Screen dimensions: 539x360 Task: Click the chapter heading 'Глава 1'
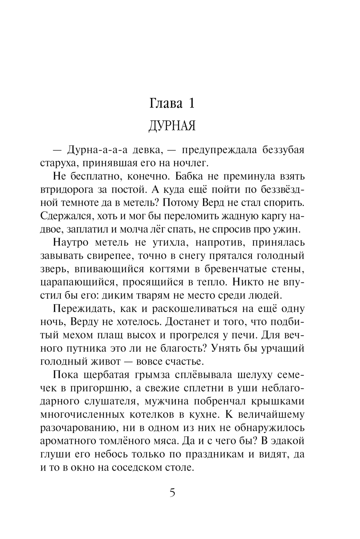coord(172,103)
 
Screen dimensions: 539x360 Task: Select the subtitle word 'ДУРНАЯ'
coord(172,126)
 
